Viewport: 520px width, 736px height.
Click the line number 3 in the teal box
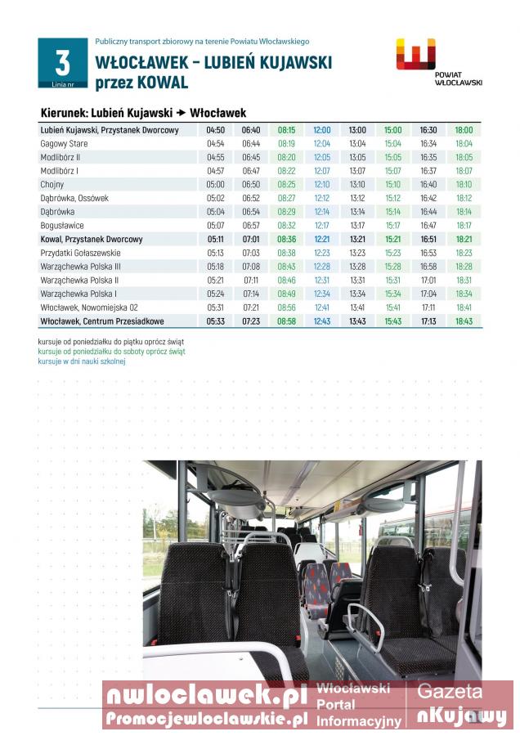click(62, 62)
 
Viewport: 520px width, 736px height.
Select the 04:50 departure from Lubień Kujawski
click(216, 130)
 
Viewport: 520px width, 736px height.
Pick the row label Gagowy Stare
click(65, 143)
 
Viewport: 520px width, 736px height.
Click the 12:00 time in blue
click(322, 130)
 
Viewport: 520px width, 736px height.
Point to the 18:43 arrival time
click(464, 321)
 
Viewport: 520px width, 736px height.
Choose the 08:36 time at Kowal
click(286, 240)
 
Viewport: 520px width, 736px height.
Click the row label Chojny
click(52, 185)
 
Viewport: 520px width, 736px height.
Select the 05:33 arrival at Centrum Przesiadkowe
click(216, 321)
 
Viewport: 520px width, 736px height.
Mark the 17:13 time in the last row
click(428, 321)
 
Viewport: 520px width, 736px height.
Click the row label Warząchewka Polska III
click(81, 267)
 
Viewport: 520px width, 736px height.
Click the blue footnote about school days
click(82, 361)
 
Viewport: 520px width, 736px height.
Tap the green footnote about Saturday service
click(111, 351)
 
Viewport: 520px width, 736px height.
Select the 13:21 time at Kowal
click(357, 240)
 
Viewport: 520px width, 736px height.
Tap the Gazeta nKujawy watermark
click(461, 704)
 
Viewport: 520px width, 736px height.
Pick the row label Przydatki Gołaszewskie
click(81, 254)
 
